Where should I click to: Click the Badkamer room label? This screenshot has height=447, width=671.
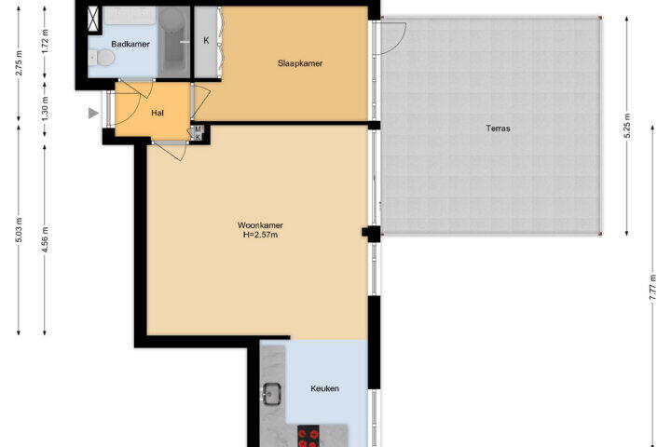click(130, 44)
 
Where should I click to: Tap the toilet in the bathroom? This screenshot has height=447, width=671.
click(102, 58)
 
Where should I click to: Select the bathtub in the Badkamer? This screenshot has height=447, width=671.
click(172, 41)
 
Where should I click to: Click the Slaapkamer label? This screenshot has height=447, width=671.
click(299, 63)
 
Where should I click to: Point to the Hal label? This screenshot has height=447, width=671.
click(157, 113)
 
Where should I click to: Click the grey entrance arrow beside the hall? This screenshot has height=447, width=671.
click(93, 113)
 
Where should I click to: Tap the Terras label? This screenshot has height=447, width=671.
click(498, 128)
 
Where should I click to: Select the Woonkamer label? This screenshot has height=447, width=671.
click(260, 225)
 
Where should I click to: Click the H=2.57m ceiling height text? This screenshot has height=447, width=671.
click(260, 235)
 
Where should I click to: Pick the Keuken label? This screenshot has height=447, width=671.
click(324, 388)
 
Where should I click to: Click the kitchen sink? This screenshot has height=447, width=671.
click(271, 394)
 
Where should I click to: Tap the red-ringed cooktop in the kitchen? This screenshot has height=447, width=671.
click(308, 436)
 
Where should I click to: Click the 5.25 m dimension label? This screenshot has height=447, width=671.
click(627, 126)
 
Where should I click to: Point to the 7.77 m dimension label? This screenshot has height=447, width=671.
click(652, 287)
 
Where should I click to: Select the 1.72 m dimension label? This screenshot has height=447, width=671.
click(45, 41)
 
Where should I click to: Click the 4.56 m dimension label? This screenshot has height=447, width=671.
click(45, 239)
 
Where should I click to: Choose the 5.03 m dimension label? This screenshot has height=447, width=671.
click(19, 230)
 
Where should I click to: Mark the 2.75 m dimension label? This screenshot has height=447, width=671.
click(19, 63)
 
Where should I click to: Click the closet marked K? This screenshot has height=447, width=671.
click(206, 42)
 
